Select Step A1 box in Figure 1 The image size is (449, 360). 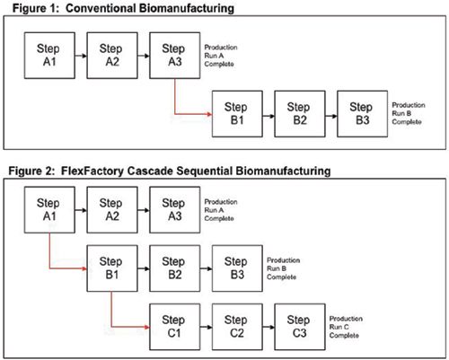pyautogui.click(x=49, y=56)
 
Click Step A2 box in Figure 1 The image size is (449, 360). pyautogui.click(x=112, y=56)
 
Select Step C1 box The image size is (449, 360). pyautogui.click(x=175, y=325)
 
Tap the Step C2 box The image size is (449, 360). pyautogui.click(x=238, y=325)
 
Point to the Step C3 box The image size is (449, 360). pyautogui.click(x=301, y=325)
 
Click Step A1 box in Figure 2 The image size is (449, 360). pyautogui.click(x=49, y=210)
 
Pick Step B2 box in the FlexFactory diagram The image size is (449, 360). pyautogui.click(x=175, y=268)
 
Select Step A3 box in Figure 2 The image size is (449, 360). pyautogui.click(x=175, y=210)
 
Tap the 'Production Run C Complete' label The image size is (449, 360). pyautogui.click(x=345, y=326)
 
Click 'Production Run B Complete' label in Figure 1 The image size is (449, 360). pyautogui.click(x=408, y=114)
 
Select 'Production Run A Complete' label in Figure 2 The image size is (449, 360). pyautogui.click(x=220, y=210)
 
